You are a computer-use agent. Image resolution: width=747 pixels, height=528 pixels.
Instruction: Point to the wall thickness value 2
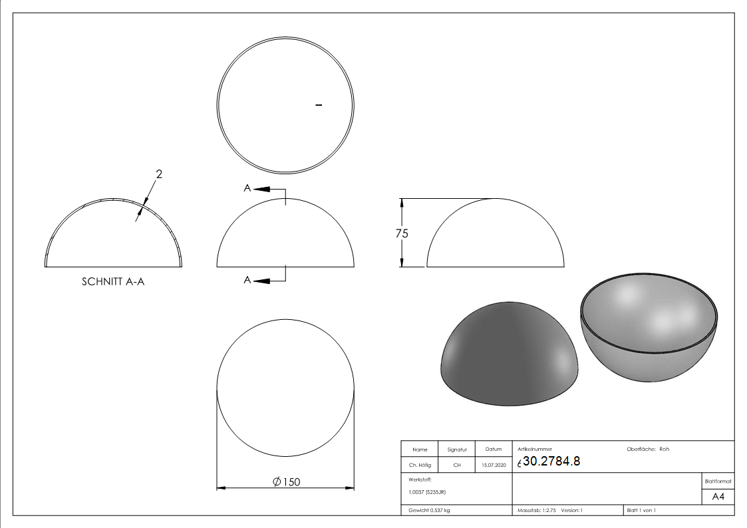[158, 174]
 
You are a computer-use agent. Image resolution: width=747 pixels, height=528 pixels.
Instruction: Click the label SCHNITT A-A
[113, 281]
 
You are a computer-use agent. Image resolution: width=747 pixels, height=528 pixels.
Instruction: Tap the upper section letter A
[247, 189]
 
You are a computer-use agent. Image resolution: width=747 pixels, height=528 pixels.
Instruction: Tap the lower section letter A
[247, 281]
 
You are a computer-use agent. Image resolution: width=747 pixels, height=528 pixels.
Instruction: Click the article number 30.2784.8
[551, 462]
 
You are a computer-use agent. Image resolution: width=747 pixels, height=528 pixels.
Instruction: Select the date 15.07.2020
[493, 465]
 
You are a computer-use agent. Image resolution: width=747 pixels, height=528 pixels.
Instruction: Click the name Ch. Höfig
[419, 465]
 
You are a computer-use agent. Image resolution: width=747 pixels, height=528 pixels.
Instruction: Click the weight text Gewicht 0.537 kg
[430, 510]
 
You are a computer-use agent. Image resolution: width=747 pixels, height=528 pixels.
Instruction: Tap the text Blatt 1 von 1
[641, 510]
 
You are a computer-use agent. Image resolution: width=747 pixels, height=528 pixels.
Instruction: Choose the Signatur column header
[457, 450]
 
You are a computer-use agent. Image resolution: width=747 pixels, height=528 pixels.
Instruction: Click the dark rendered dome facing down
[509, 352]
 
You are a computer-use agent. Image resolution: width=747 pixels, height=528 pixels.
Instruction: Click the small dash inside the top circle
[319, 105]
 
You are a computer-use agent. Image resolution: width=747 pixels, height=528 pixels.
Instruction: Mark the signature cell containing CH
[457, 465]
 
